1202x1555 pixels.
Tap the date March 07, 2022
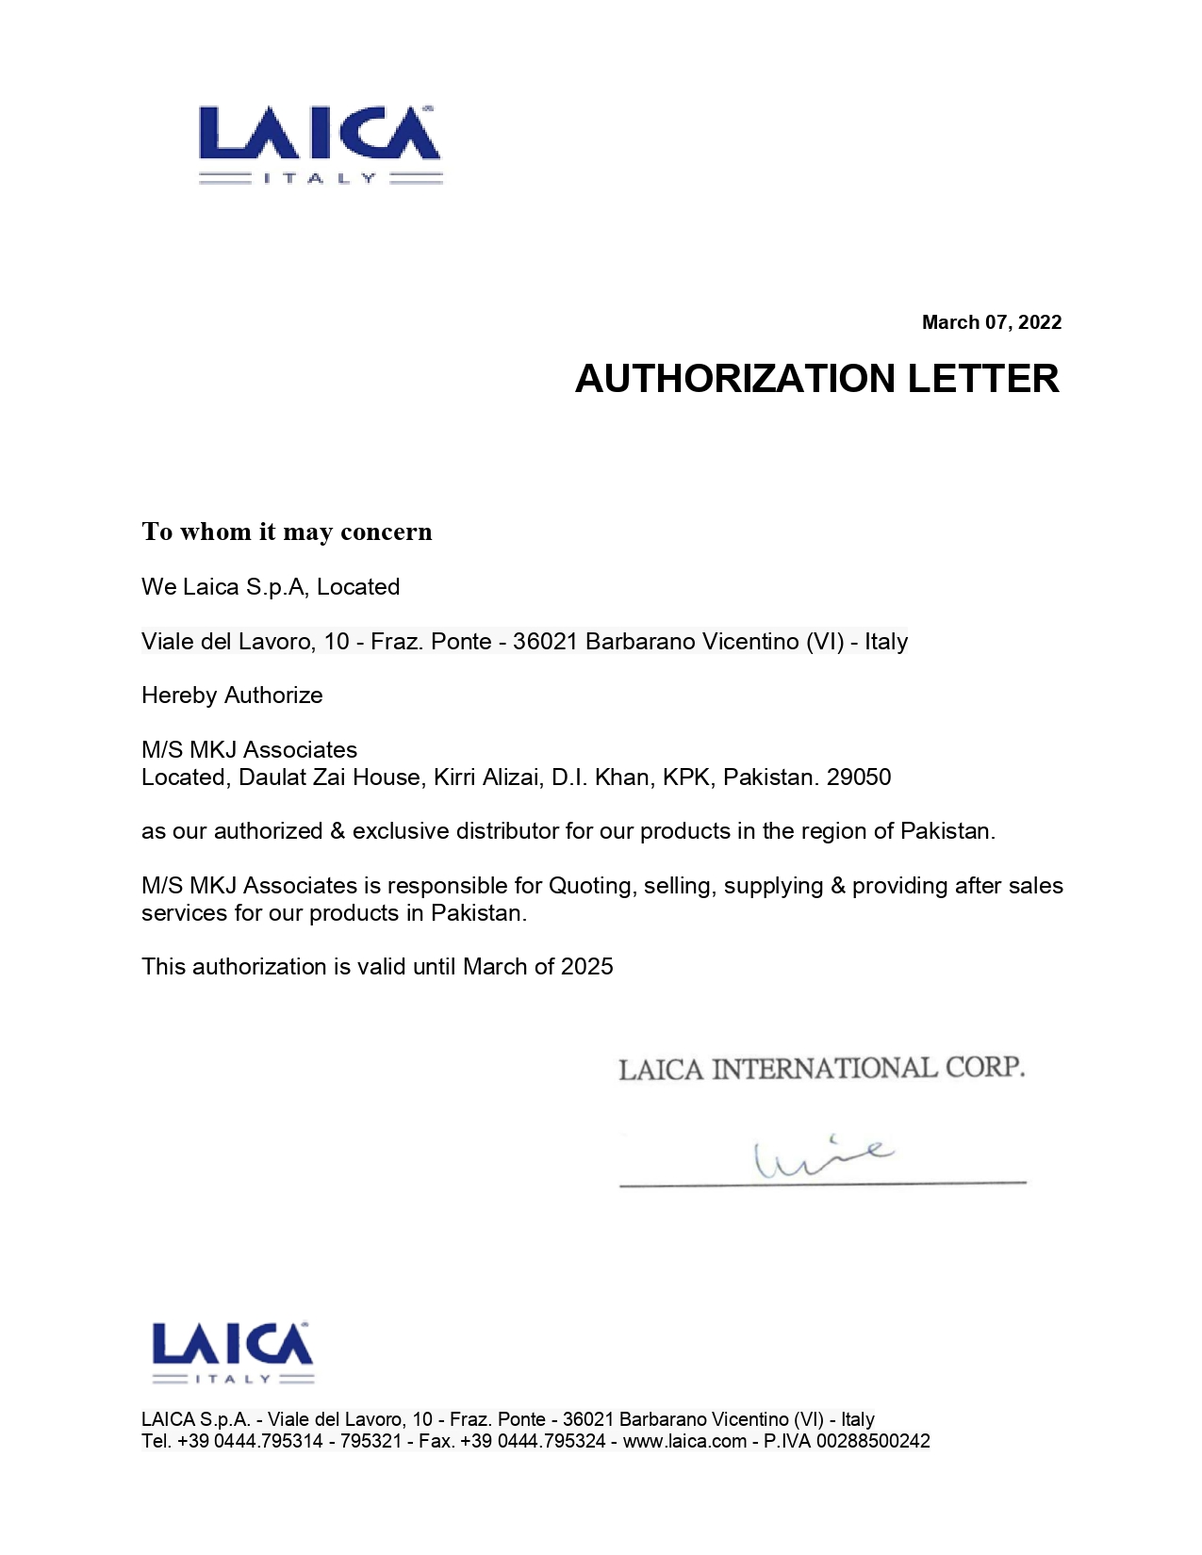coord(991,322)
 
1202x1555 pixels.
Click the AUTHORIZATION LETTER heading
coord(816,379)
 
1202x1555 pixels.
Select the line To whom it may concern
coord(287,532)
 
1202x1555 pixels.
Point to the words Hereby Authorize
coord(232,696)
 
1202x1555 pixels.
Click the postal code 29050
coord(859,777)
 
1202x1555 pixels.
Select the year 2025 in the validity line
coord(586,967)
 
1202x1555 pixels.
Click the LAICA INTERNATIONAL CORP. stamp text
coord(821,1069)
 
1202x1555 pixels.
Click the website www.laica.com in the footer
coord(684,1441)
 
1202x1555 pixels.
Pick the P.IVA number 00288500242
coord(873,1441)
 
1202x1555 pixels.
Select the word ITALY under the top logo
coord(320,178)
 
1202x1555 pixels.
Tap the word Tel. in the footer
coord(156,1441)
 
